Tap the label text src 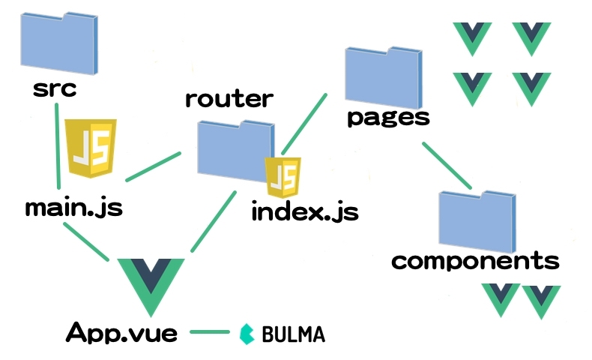click(x=55, y=89)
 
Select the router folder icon click(x=235, y=148)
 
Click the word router click(x=229, y=98)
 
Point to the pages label click(x=389, y=117)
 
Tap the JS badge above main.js click(x=91, y=148)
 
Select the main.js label click(x=73, y=207)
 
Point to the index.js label click(x=305, y=211)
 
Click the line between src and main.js click(x=58, y=146)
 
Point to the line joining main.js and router click(x=154, y=166)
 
